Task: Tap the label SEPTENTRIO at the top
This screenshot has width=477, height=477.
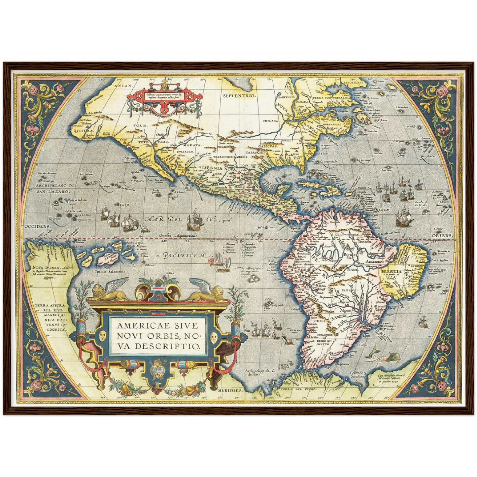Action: point(239,96)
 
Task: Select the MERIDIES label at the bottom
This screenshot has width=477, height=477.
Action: point(230,390)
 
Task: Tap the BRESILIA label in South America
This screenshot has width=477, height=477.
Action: point(391,271)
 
